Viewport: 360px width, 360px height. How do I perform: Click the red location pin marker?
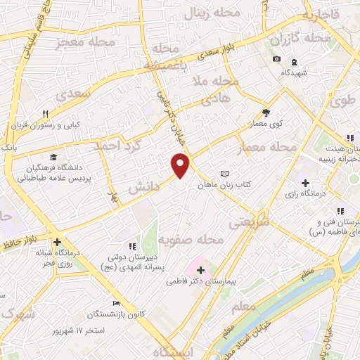point(181,165)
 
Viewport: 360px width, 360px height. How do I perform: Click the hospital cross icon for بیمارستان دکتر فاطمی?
point(200,269)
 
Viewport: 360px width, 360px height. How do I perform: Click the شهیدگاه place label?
point(295,72)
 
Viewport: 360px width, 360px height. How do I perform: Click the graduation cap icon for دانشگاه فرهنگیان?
point(53,157)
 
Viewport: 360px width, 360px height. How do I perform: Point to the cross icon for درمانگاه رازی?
point(305,164)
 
